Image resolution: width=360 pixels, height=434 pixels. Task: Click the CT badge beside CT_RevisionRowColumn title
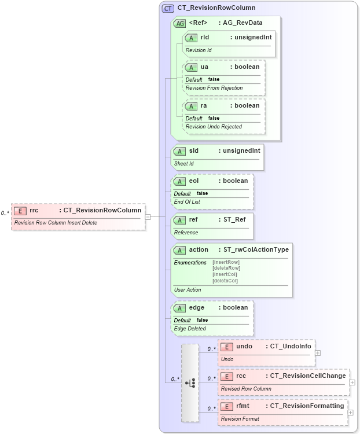pyautogui.click(x=168, y=8)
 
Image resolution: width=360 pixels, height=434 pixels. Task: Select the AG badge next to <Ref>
pyautogui.click(x=179, y=23)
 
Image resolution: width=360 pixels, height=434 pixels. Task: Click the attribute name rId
pyautogui.click(x=205, y=37)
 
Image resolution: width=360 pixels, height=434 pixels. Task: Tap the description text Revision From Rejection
pyautogui.click(x=214, y=88)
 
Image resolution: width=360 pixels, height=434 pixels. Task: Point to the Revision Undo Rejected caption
pyautogui.click(x=214, y=126)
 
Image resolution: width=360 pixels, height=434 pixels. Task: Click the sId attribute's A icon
pyautogui.click(x=179, y=151)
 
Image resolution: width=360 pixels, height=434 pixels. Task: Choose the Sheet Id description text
pyautogui.click(x=184, y=164)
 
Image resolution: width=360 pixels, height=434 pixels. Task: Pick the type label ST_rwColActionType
pyautogui.click(x=256, y=250)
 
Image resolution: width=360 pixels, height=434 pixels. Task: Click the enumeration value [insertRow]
pyautogui.click(x=226, y=262)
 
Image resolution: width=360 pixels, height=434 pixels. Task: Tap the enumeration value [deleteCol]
pyautogui.click(x=226, y=281)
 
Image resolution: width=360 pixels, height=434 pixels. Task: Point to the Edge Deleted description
pyautogui.click(x=190, y=329)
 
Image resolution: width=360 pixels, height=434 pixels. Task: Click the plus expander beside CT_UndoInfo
pyautogui.click(x=318, y=352)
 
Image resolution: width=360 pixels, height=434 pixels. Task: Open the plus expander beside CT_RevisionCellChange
pyautogui.click(x=352, y=382)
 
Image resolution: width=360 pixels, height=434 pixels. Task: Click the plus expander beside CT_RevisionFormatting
pyautogui.click(x=351, y=413)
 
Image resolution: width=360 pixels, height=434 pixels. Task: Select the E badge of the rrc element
pyautogui.click(x=20, y=211)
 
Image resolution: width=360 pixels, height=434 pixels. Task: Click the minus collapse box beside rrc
pyautogui.click(x=148, y=217)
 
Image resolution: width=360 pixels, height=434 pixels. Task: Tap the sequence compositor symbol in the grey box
pyautogui.click(x=190, y=382)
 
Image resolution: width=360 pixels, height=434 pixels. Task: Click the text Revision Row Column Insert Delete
pyautogui.click(x=56, y=223)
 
